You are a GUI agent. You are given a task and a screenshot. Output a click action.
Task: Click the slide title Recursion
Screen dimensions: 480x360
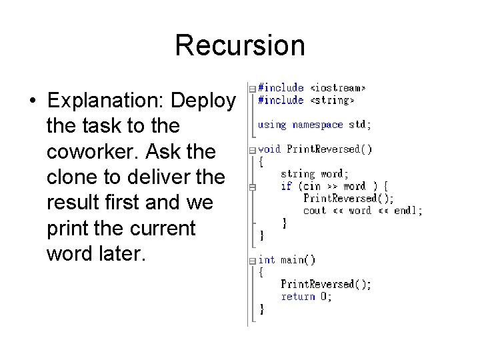click(x=240, y=46)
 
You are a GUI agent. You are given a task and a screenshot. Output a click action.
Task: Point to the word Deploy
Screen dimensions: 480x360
click(x=203, y=101)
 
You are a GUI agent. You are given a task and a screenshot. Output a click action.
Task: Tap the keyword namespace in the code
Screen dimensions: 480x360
click(x=317, y=125)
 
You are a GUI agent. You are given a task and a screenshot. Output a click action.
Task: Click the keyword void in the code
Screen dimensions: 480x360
click(x=269, y=149)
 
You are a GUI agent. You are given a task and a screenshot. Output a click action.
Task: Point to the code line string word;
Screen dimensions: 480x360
click(x=314, y=174)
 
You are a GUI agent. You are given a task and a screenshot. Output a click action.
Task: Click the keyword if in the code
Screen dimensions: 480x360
click(x=286, y=186)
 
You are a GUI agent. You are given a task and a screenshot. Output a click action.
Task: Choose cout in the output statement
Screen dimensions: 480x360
click(x=314, y=211)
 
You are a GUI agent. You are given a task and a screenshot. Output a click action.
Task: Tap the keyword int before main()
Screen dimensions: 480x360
click(x=266, y=260)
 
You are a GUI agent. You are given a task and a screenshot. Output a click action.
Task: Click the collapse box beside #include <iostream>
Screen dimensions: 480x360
click(x=251, y=89)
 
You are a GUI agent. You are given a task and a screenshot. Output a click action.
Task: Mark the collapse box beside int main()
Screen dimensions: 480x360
click(x=251, y=261)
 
